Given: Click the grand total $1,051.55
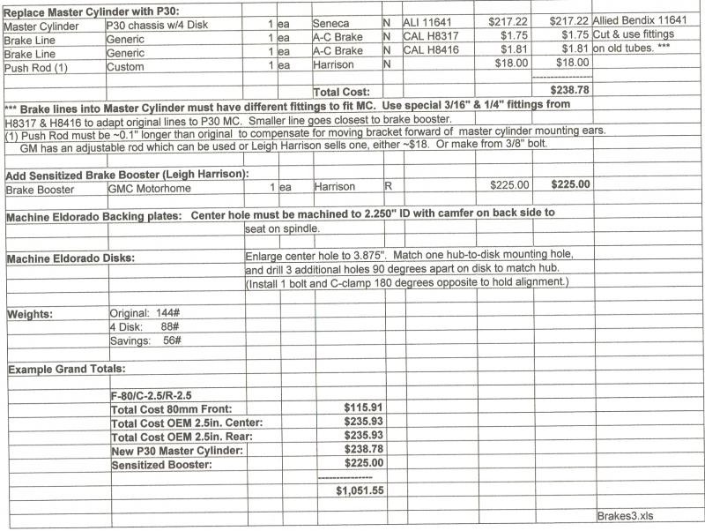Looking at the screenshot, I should coord(360,490).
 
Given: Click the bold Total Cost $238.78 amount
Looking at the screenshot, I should coord(569,90).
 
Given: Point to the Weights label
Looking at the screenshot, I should coord(30,314).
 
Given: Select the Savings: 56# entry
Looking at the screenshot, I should coord(146,340).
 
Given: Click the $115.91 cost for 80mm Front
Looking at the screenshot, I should coord(363,408).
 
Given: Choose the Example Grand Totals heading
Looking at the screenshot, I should coord(67,368).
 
